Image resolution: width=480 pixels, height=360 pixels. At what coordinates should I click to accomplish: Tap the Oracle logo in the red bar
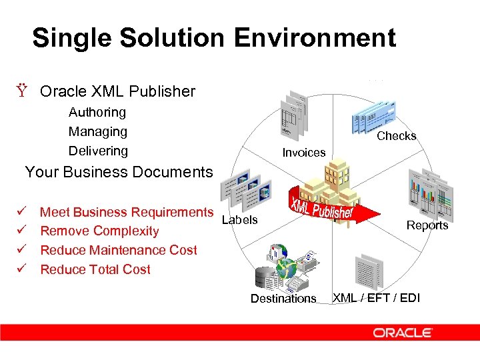403,333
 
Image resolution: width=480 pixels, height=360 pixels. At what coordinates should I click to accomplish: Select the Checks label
397,136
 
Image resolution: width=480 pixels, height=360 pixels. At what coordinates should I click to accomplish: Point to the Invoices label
304,153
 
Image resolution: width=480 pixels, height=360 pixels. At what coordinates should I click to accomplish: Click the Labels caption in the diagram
239,219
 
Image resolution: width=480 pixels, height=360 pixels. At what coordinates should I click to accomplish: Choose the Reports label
427,225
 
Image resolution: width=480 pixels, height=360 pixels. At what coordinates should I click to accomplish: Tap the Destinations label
283,299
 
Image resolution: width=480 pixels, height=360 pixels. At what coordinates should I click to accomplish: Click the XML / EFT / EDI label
376,298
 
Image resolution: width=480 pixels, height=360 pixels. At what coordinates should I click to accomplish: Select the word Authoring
97,113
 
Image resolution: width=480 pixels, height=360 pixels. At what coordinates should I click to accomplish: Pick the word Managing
98,132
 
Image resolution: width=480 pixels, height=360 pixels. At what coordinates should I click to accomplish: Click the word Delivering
99,151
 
